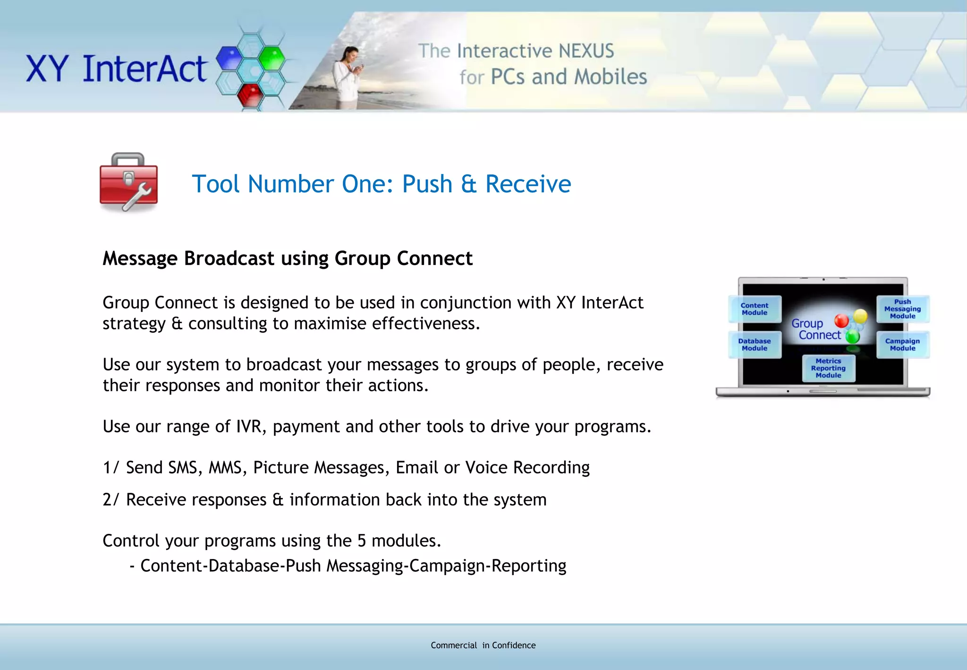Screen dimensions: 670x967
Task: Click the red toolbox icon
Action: (128, 182)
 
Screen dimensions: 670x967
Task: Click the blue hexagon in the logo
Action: (229, 58)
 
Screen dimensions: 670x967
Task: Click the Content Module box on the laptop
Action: (755, 309)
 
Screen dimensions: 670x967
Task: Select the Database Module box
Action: (755, 344)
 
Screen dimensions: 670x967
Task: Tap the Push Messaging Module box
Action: (902, 309)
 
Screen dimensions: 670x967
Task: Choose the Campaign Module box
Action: (902, 344)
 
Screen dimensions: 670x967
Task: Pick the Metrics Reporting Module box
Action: (828, 368)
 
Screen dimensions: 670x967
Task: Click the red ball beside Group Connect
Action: (841, 321)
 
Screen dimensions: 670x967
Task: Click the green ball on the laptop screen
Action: (852, 336)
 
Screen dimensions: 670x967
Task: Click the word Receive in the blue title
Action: (528, 184)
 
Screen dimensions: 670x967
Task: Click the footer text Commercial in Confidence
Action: (483, 645)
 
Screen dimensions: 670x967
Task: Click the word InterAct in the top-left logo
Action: (144, 69)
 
